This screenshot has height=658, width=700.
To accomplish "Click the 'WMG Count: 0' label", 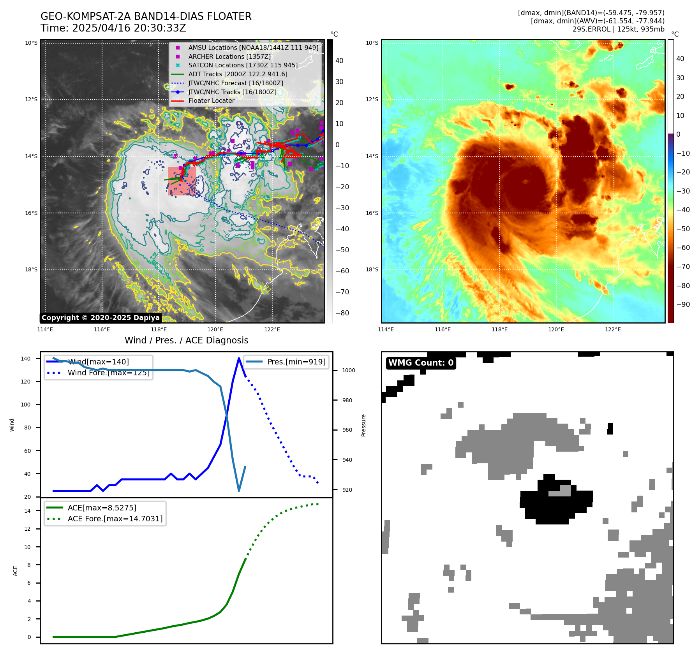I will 421,363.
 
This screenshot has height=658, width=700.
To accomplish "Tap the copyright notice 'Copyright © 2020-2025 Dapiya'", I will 101,318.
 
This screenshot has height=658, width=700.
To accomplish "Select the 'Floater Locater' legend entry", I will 211,101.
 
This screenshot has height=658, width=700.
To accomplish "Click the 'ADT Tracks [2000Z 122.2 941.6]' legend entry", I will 238,74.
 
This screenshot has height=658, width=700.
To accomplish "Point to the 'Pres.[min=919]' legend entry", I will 296,362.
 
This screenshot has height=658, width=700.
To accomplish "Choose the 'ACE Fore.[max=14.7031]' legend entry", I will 115,519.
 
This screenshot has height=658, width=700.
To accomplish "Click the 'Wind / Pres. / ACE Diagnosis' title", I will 186,340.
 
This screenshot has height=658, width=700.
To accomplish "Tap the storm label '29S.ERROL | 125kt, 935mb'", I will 618,29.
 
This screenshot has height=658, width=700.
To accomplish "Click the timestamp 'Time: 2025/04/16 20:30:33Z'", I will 113,28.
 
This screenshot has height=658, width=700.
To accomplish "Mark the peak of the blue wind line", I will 239,358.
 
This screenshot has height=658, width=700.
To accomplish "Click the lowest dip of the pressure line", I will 239,491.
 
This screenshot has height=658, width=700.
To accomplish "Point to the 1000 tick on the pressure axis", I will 348,370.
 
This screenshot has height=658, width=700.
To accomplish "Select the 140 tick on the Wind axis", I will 26,359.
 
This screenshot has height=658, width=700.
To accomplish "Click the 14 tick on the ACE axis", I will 27,511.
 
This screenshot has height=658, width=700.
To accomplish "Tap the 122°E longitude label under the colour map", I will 613,329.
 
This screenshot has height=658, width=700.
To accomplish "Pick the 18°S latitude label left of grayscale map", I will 31,269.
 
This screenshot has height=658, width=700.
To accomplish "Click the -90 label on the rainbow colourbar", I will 683,304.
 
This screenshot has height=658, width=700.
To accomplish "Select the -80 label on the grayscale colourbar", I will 342,313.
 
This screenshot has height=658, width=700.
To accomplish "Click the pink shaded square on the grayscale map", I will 182,181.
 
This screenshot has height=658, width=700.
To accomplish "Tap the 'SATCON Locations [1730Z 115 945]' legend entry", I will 243,65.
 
